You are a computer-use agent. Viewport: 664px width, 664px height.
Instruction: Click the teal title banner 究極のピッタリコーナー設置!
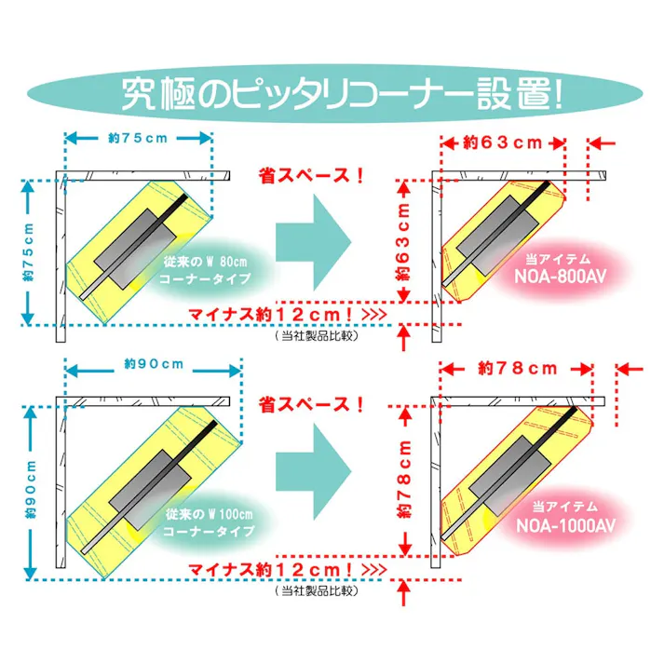click(334, 93)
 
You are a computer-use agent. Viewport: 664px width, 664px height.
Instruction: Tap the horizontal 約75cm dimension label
click(138, 138)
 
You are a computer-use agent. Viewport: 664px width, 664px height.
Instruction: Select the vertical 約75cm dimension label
click(28, 252)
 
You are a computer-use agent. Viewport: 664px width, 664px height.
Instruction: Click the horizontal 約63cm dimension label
click(503, 142)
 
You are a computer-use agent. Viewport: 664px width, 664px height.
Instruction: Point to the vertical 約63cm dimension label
click(403, 242)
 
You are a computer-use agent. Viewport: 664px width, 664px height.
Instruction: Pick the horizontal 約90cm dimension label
click(155, 364)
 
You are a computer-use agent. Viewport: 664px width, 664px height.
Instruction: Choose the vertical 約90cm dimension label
click(31, 490)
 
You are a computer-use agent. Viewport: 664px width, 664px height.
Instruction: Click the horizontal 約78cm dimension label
click(518, 369)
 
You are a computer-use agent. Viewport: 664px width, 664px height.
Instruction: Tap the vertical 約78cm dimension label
click(404, 479)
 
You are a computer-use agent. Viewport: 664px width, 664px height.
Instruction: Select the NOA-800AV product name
click(561, 277)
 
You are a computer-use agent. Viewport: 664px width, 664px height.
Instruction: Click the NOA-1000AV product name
click(566, 525)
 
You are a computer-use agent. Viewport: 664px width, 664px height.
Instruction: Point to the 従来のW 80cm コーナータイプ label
click(205, 270)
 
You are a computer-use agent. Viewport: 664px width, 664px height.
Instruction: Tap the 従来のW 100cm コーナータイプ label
click(209, 522)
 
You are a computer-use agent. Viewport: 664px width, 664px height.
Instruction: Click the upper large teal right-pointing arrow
click(314, 243)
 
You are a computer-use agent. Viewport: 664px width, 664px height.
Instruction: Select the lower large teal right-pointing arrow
click(314, 472)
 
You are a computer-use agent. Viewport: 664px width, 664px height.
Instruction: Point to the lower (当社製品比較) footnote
click(317, 590)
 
